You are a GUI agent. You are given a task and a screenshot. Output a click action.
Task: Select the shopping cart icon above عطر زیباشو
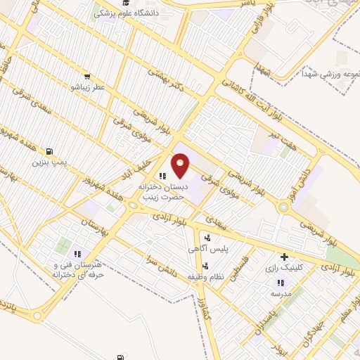[86, 77]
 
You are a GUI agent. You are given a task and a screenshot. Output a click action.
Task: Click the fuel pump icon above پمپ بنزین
[49, 151]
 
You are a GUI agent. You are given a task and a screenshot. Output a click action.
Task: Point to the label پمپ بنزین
[49, 162]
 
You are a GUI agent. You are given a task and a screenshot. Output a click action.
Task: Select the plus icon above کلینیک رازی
[284, 257]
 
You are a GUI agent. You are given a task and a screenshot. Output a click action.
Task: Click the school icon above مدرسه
[280, 283]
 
